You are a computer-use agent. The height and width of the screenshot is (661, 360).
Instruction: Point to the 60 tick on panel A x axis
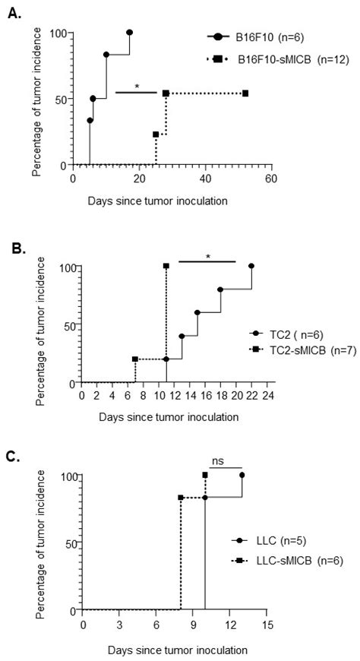[270, 179]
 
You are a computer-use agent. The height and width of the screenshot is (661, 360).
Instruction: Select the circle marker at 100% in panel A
[129, 33]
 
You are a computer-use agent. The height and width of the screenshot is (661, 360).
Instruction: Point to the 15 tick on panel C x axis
[267, 624]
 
